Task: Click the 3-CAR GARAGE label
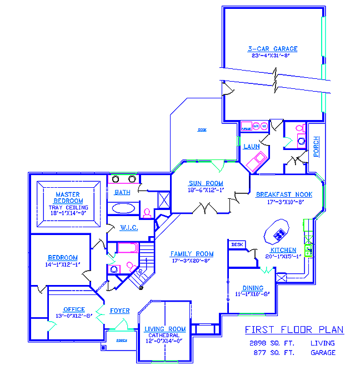(x=272, y=49)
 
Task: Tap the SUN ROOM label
(x=206, y=183)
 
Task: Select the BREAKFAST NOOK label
(x=284, y=194)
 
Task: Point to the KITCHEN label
(x=283, y=250)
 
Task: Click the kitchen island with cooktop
(x=276, y=232)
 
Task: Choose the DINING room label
(x=252, y=288)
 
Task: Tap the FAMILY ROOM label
(x=192, y=254)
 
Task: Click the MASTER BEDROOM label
(x=69, y=198)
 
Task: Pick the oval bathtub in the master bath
(x=123, y=208)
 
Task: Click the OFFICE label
(x=74, y=309)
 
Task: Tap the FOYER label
(x=120, y=311)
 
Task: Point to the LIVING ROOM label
(x=165, y=329)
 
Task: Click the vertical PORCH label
(x=316, y=147)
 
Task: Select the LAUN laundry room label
(x=252, y=147)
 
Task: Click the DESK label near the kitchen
(x=237, y=244)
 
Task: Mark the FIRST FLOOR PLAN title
(x=294, y=330)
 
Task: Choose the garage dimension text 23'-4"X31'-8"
(x=272, y=56)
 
